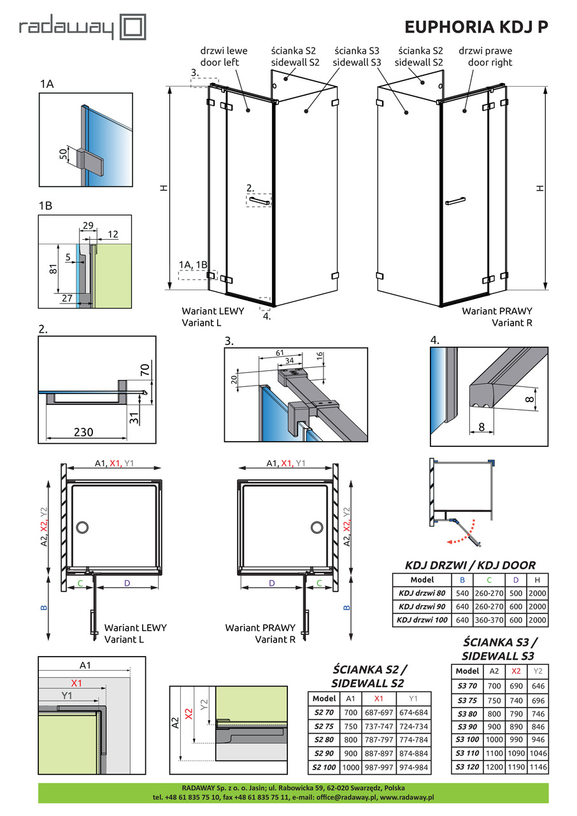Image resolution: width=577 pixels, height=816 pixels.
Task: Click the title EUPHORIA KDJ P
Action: (476, 27)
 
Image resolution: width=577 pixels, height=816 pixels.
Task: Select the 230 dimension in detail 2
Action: (83, 432)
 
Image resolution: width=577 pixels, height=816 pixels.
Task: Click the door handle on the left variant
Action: (260, 201)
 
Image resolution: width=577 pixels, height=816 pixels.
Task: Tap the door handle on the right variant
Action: (456, 202)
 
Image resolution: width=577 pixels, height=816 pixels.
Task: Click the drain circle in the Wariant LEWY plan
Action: (82, 527)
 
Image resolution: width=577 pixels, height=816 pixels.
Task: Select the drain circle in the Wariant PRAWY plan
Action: (317, 527)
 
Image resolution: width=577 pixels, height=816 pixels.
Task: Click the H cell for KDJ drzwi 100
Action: (538, 620)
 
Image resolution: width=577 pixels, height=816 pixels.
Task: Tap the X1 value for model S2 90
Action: (380, 752)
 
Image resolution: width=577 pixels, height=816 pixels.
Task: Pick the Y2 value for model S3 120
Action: (539, 767)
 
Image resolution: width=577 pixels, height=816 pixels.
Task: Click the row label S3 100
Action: (467, 739)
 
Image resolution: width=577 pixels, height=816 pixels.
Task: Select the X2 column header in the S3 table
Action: (516, 670)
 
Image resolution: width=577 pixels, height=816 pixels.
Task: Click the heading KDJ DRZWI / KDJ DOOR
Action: (471, 565)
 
